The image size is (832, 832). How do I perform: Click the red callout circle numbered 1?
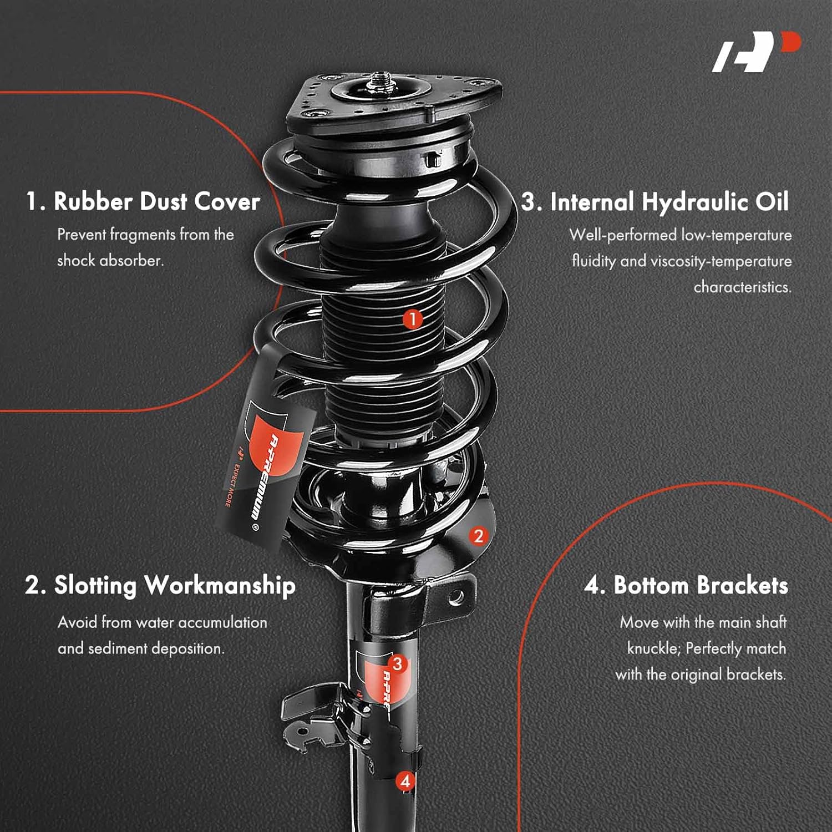click(x=412, y=319)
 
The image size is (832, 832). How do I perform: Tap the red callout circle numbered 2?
click(x=479, y=536)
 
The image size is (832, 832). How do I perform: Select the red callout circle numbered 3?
click(x=397, y=663)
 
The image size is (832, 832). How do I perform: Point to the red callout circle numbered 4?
click(x=405, y=781)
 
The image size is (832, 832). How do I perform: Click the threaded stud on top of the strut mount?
click(x=382, y=78)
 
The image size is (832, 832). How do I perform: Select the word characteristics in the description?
click(x=742, y=287)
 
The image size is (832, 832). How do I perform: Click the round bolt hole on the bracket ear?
click(x=456, y=597)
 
